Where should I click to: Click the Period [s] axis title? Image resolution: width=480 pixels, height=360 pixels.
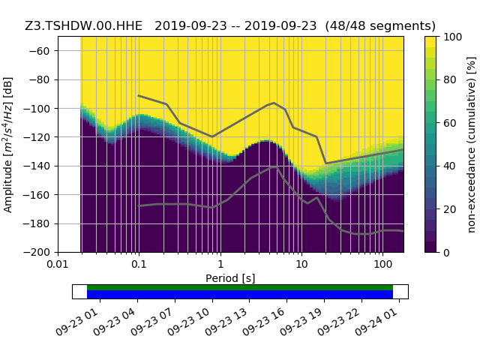pos(230,278)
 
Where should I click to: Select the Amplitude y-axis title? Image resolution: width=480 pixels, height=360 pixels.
pos(8,144)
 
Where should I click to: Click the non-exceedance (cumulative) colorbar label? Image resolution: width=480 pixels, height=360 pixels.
pos(471,144)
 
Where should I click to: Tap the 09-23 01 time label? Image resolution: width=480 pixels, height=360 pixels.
pos(81,319)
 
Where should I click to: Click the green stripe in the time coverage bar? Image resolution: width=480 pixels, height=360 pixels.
pos(240,287)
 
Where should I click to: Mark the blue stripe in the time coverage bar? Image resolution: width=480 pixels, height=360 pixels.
pos(240,295)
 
